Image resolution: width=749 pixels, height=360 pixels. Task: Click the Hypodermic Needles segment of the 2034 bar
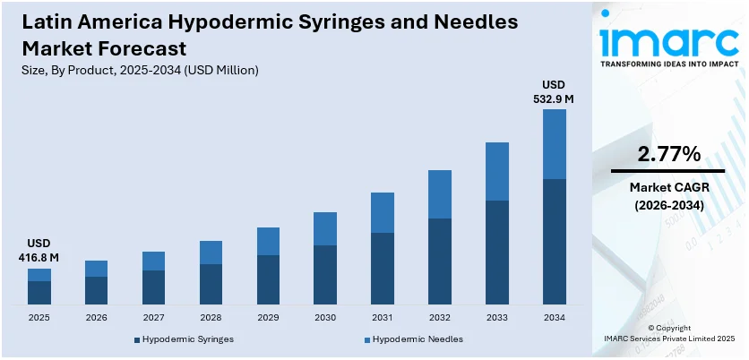pyautogui.click(x=555, y=144)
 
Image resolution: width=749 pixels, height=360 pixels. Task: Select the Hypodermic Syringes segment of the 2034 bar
pyautogui.click(x=555, y=242)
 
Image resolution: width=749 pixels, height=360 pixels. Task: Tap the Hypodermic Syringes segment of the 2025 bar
pyautogui.click(x=39, y=294)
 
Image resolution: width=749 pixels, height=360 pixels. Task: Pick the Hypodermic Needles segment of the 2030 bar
pyautogui.click(x=325, y=228)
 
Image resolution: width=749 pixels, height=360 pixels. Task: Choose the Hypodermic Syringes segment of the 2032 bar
pyautogui.click(x=440, y=261)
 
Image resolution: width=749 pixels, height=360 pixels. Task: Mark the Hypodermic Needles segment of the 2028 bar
pyautogui.click(x=211, y=253)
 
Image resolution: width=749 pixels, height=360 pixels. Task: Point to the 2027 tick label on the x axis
pyautogui.click(x=153, y=317)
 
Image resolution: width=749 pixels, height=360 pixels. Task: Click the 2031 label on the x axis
pyautogui.click(x=383, y=317)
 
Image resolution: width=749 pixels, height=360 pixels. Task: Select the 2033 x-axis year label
pyautogui.click(x=497, y=317)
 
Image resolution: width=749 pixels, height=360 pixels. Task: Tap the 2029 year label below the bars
pyautogui.click(x=268, y=317)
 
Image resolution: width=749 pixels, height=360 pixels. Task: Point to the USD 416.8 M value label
pyautogui.click(x=39, y=251)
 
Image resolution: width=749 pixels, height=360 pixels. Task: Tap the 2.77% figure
pyautogui.click(x=668, y=154)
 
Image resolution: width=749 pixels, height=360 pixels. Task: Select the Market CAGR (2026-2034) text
pyautogui.click(x=668, y=196)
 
